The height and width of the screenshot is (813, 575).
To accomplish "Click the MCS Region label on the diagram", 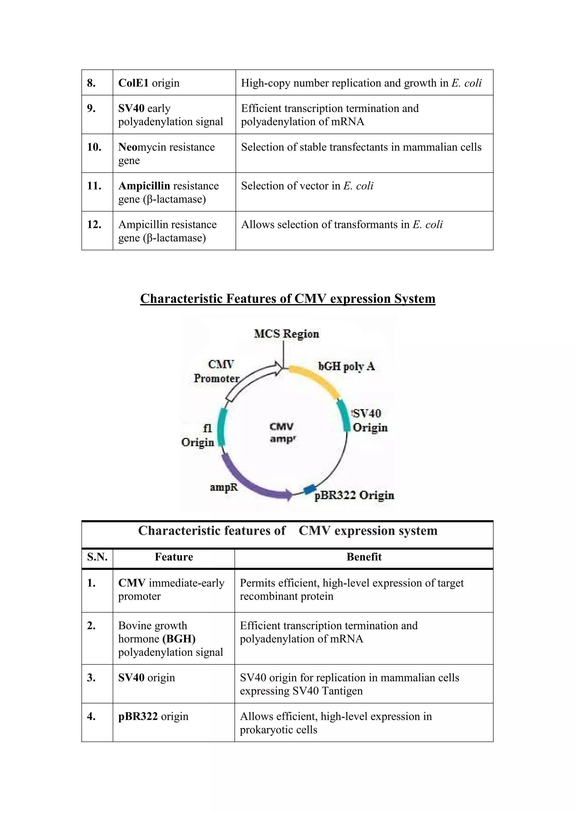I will point(286,334).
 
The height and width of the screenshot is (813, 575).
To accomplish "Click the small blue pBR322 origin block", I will point(310,489).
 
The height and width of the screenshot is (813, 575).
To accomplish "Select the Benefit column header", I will point(364,557).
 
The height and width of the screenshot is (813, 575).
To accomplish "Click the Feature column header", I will point(174,557).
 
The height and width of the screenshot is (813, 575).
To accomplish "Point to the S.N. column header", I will point(97,557).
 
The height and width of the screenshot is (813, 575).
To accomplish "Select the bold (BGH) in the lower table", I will point(179,639).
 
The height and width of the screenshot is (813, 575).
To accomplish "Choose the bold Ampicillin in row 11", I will point(144,186).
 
